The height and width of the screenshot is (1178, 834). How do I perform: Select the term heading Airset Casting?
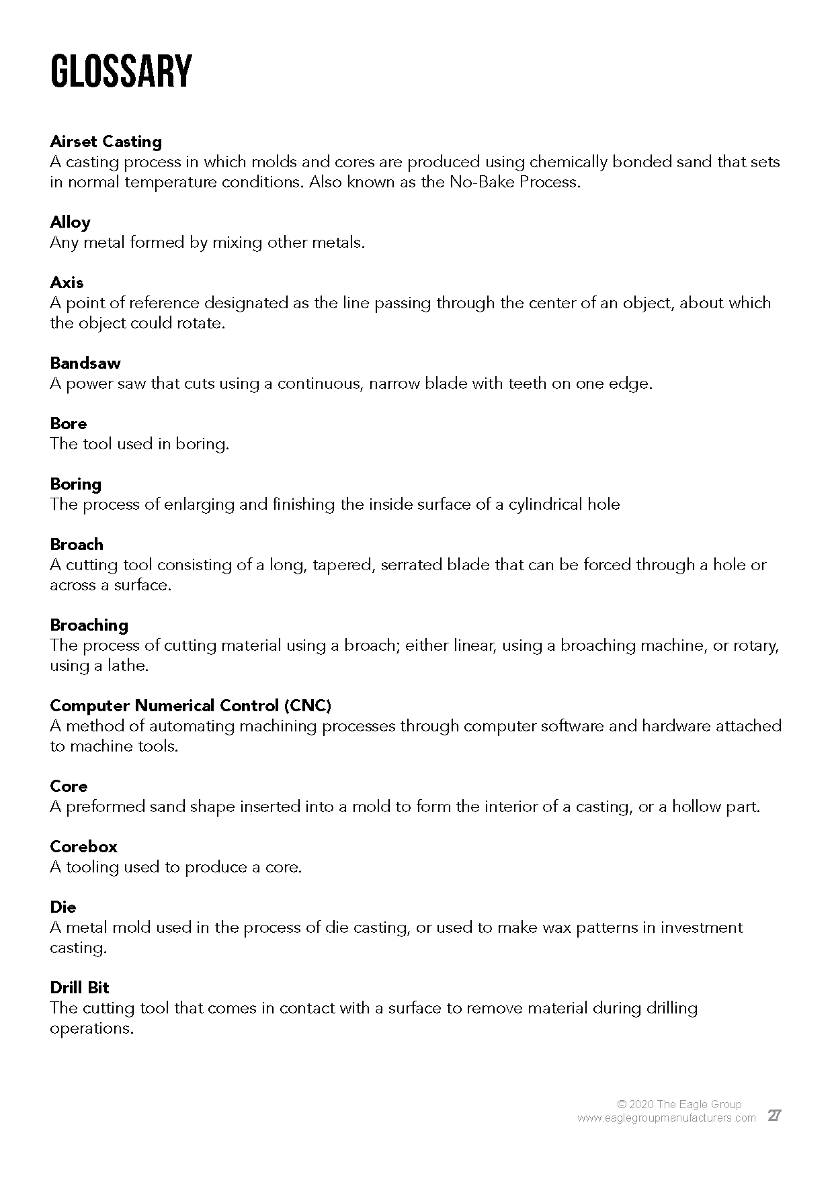click(106, 142)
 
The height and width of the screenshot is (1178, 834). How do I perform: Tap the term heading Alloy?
click(70, 222)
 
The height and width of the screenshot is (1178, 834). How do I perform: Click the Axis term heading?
click(67, 283)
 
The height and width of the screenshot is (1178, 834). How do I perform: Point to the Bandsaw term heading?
click(85, 363)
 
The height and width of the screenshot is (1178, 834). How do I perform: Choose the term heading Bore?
click(69, 424)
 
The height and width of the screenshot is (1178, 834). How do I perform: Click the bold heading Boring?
click(75, 484)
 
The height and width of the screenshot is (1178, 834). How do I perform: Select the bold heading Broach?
click(77, 545)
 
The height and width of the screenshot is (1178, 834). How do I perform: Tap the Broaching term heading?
click(89, 625)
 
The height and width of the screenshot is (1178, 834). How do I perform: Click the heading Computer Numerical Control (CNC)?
click(191, 706)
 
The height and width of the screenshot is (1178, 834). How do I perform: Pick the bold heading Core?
click(69, 786)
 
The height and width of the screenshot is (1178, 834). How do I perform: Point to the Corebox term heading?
click(83, 847)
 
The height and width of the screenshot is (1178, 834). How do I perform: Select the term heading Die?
click(63, 907)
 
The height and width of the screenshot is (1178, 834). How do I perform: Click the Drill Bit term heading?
click(79, 988)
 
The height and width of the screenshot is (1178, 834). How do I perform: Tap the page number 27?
click(774, 1116)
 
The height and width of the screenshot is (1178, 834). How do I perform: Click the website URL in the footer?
click(666, 1118)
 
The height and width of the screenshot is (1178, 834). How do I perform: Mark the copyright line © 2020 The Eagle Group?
click(679, 1104)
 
